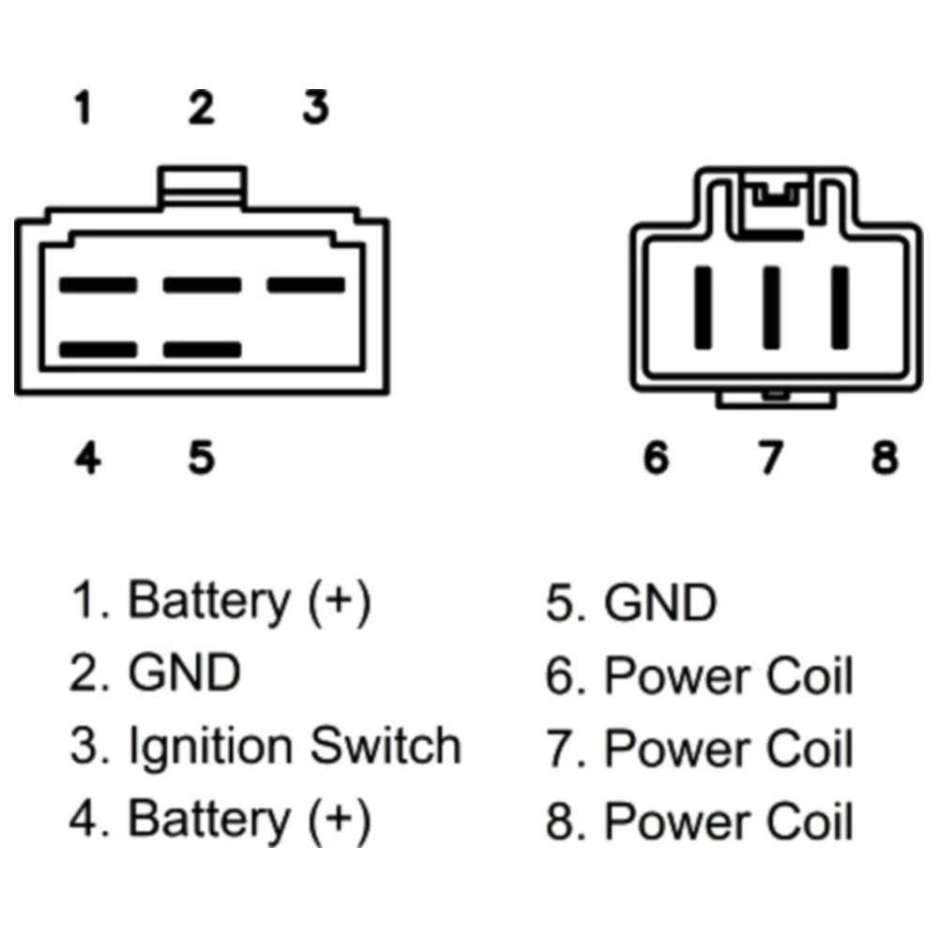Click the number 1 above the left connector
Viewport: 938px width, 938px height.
pyautogui.click(x=83, y=108)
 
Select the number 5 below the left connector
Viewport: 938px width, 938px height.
pyautogui.click(x=202, y=458)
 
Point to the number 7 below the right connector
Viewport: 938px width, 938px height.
pyautogui.click(x=770, y=458)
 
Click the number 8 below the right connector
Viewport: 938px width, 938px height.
pyautogui.click(x=885, y=458)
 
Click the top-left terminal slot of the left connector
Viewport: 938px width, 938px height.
pyautogui.click(x=98, y=284)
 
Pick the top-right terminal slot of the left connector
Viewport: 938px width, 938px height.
pyautogui.click(x=306, y=284)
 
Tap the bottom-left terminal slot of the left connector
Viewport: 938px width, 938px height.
pyautogui.click(x=98, y=350)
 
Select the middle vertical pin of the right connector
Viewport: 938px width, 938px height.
pyautogui.click(x=770, y=306)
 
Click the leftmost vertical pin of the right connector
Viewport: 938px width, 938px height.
pyautogui.click(x=702, y=306)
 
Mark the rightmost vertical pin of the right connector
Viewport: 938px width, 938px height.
pyautogui.click(x=840, y=306)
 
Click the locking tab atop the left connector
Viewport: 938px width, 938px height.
pyautogui.click(x=203, y=186)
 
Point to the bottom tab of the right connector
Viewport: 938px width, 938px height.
pyautogui.click(x=775, y=399)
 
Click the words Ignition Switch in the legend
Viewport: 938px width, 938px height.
pyautogui.click(x=295, y=747)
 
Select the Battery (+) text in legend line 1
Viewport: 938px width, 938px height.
pyautogui.click(x=249, y=600)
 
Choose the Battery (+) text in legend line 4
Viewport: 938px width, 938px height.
pyautogui.click(x=249, y=818)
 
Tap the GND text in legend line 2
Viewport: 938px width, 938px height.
pyautogui.click(x=184, y=673)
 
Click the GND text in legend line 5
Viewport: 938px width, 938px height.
pyautogui.click(x=660, y=603)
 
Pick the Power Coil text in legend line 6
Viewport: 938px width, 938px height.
pyautogui.click(x=729, y=677)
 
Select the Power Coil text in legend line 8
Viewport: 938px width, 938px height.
pyautogui.click(x=729, y=822)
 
